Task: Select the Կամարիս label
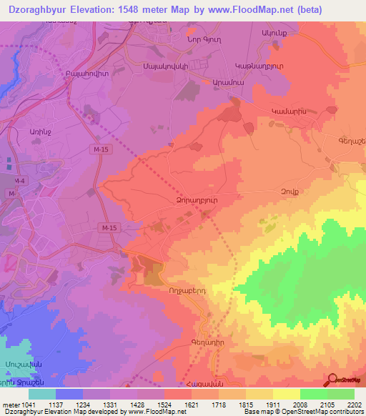point(289,112)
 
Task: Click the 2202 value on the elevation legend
point(354,406)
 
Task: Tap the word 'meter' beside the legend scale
point(10,406)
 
